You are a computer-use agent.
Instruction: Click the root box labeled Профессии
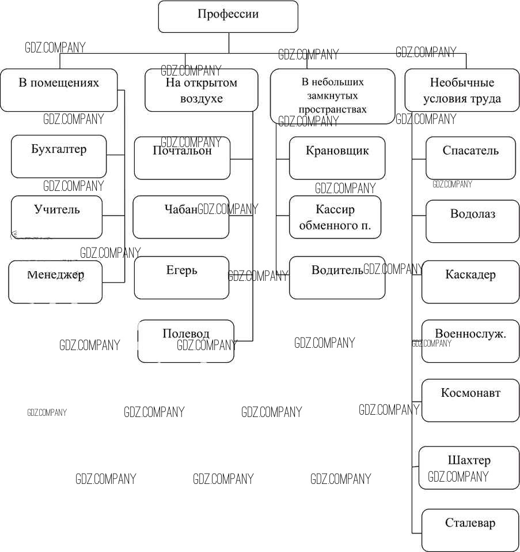pyautogui.click(x=228, y=16)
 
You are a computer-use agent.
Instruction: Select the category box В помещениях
pyautogui.click(x=59, y=90)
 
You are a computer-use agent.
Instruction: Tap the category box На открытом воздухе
pyautogui.click(x=201, y=90)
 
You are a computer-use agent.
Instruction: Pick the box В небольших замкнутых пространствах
pyautogui.click(x=333, y=96)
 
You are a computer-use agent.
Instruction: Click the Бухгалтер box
pyautogui.click(x=59, y=156)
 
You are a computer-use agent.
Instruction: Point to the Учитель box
pyautogui.click(x=56, y=217)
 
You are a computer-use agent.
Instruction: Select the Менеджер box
pyautogui.click(x=55, y=281)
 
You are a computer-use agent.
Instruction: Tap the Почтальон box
pyautogui.click(x=182, y=158)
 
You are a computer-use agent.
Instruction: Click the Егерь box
pyautogui.click(x=181, y=277)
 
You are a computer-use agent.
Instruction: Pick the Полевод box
pyautogui.click(x=186, y=341)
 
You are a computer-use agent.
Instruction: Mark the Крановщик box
pyautogui.click(x=337, y=158)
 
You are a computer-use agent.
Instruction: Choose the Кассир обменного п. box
pyautogui.click(x=335, y=217)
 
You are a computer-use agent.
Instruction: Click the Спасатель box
pyautogui.click(x=470, y=158)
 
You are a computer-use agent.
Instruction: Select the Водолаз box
pyautogui.click(x=472, y=221)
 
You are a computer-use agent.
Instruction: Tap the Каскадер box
pyautogui.click(x=470, y=281)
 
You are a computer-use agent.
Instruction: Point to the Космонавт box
pyautogui.click(x=470, y=400)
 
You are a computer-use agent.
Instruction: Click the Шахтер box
pyautogui.click(x=469, y=467)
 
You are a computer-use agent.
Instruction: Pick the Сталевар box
pyautogui.click(x=470, y=530)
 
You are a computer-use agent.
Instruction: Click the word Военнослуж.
pyautogui.click(x=470, y=334)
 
